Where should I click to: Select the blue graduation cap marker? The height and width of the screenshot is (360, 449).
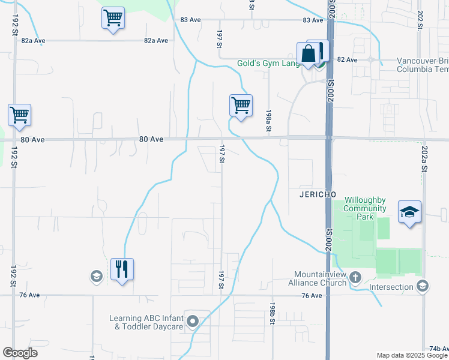point(409,212)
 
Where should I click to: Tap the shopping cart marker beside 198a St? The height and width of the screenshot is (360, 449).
point(241,105)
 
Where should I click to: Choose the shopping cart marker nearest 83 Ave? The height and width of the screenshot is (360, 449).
point(113,19)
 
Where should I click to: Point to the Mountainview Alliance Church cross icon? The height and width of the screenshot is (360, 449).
point(355,277)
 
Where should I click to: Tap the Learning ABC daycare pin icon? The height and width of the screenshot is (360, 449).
point(193,322)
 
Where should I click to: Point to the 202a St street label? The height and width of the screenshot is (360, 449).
point(424,160)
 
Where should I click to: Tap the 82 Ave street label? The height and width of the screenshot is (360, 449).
point(347,60)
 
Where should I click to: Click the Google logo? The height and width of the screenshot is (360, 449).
point(20,353)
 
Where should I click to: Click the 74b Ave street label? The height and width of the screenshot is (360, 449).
point(438,349)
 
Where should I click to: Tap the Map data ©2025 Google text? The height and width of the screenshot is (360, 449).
point(412,355)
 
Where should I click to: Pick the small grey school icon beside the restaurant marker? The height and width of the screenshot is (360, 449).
point(95,277)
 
